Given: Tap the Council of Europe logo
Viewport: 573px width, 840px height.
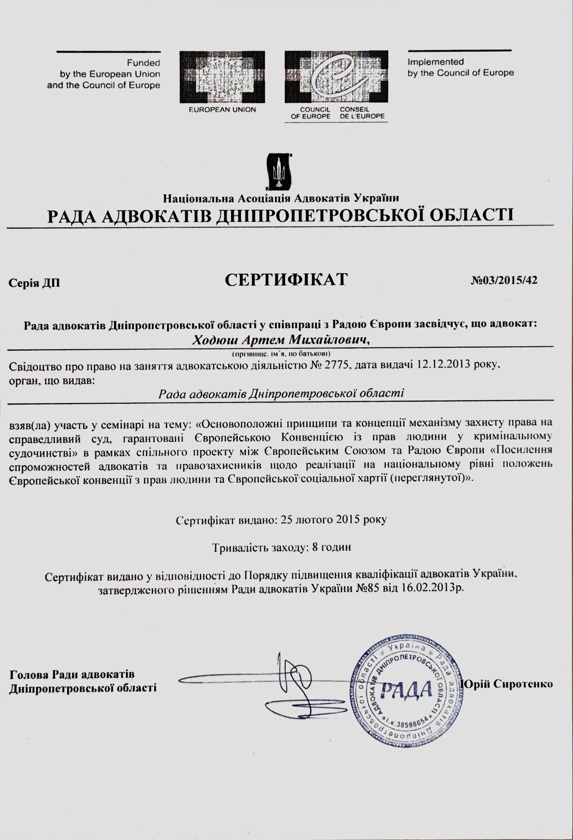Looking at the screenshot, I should [x=336, y=77].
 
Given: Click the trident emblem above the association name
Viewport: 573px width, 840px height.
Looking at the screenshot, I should [x=279, y=172].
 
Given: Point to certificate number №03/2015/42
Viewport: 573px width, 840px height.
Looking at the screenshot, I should [x=504, y=280].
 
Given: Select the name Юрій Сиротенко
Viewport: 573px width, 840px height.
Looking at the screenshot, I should [x=508, y=684].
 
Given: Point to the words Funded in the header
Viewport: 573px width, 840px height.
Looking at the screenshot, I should [x=143, y=63].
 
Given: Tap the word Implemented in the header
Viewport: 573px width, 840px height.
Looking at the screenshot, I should [x=436, y=62].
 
